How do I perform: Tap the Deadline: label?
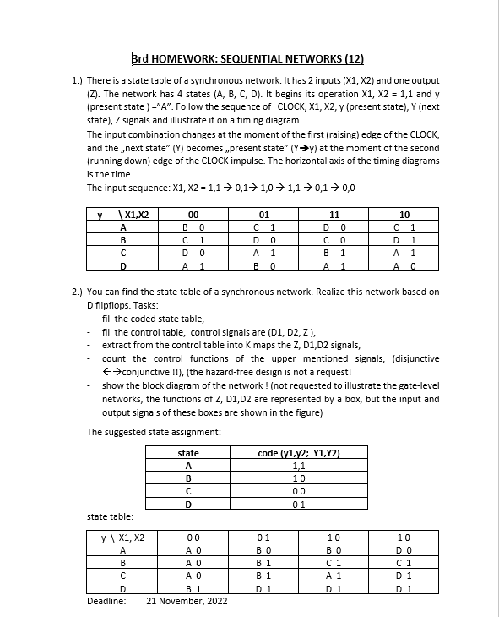coord(106,601)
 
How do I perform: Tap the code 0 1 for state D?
coord(297,505)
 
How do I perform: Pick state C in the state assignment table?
coord(188,492)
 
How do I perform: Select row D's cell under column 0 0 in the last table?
coord(193,589)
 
